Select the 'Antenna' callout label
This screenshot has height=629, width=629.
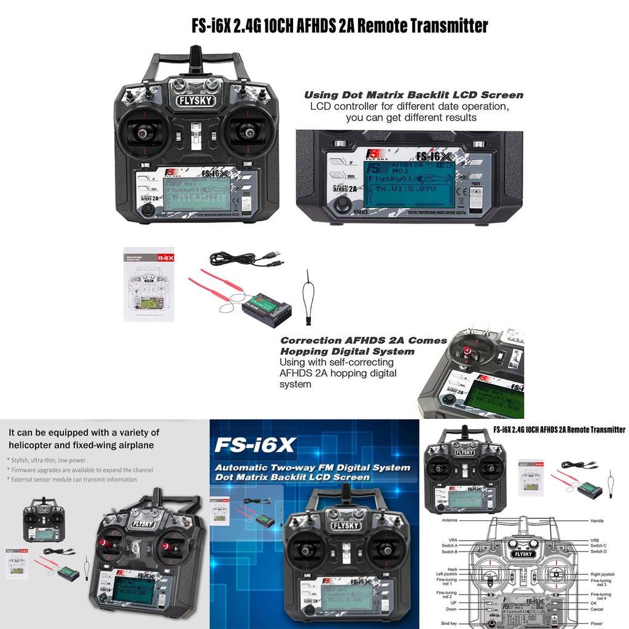[450, 520]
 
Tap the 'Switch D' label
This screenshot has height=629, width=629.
[598, 552]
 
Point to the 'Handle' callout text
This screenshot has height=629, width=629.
[597, 520]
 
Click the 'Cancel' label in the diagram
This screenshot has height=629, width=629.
[596, 609]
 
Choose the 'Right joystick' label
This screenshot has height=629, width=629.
[603, 574]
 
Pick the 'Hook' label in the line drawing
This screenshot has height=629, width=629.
[452, 569]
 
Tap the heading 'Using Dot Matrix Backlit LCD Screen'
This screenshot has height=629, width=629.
[413, 95]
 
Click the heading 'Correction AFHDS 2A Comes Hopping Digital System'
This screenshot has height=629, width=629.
[364, 346]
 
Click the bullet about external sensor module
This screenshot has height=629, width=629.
[73, 479]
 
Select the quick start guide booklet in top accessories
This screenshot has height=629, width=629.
[149, 284]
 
